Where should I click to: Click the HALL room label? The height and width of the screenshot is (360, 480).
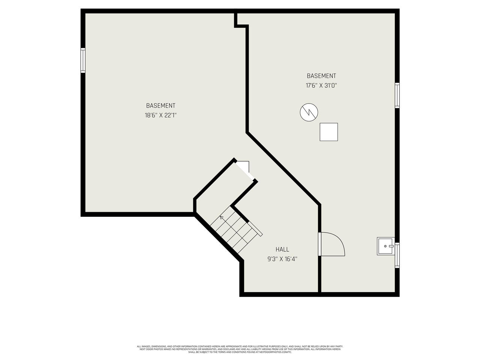(282, 249)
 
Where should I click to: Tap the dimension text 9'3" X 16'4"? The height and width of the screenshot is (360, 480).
(282, 259)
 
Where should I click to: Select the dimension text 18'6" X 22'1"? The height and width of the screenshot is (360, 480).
(160, 115)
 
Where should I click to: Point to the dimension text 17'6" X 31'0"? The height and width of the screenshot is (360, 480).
(321, 85)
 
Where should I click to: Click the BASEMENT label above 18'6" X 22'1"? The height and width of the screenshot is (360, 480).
(160, 106)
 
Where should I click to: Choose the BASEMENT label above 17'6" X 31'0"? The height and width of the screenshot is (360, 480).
(321, 76)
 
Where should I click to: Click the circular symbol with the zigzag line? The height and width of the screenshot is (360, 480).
(309, 112)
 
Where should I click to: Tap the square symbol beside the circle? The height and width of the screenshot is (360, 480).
(328, 132)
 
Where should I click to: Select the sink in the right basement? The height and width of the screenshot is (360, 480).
(386, 246)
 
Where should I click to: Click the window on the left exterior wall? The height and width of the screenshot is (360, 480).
(83, 60)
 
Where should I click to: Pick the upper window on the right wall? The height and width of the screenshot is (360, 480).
(397, 96)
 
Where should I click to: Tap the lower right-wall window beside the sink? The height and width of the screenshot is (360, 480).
(397, 255)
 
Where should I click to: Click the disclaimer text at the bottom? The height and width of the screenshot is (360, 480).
(240, 349)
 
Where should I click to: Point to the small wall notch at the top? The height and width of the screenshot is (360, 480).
(241, 21)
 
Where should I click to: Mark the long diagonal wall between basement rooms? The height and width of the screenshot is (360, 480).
(283, 169)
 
